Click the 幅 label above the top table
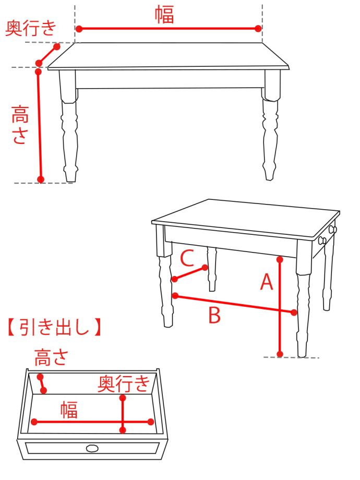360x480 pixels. pyautogui.click(x=164, y=15)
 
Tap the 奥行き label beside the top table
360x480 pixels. pyautogui.click(x=31, y=28)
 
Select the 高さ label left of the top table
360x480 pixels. pyautogui.click(x=20, y=124)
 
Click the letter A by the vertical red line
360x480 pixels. pyautogui.click(x=266, y=282)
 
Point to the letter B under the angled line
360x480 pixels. pyautogui.click(x=214, y=315)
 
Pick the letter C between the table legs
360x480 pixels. pyautogui.click(x=187, y=258)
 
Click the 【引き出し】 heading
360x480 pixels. pyautogui.click(x=54, y=327)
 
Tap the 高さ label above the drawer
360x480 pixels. pyautogui.click(x=51, y=357)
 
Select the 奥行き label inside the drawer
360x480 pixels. pyautogui.click(x=124, y=383)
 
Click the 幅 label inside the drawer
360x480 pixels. pyautogui.click(x=69, y=410)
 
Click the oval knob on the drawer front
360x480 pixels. pyautogui.click(x=92, y=449)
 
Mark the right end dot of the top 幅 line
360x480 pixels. pyautogui.click(x=258, y=29)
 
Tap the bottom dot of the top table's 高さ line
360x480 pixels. pyautogui.click(x=41, y=179)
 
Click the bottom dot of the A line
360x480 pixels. pyautogui.click(x=280, y=354)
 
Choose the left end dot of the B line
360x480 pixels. pyautogui.click(x=175, y=296)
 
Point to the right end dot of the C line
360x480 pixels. pyautogui.click(x=205, y=268)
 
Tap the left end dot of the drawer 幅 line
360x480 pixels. pyautogui.click(x=34, y=422)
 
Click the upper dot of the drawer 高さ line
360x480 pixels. pyautogui.click(x=40, y=377)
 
